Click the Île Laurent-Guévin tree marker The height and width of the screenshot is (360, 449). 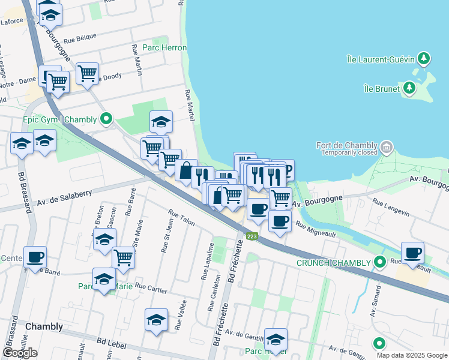point(424,58)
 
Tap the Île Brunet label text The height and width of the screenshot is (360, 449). point(383,89)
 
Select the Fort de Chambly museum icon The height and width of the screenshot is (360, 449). point(387,146)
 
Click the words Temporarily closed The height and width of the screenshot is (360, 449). point(349,153)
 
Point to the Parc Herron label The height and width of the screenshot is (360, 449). point(164,47)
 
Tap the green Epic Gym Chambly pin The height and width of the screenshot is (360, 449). point(106,119)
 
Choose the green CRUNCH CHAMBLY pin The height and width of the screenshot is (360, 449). point(379,262)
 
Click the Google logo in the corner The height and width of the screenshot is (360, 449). point(20,353)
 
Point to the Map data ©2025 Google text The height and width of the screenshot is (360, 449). point(411,355)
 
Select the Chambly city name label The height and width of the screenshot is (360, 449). point(44,326)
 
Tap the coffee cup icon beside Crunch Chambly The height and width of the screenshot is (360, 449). point(412,252)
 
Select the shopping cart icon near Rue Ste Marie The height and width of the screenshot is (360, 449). point(123,257)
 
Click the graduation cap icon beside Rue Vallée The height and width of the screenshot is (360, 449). point(156,319)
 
